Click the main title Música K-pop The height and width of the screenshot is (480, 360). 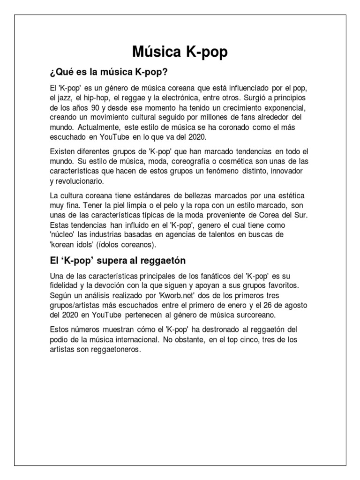pos(180,52)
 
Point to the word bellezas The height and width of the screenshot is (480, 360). pos(201,195)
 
